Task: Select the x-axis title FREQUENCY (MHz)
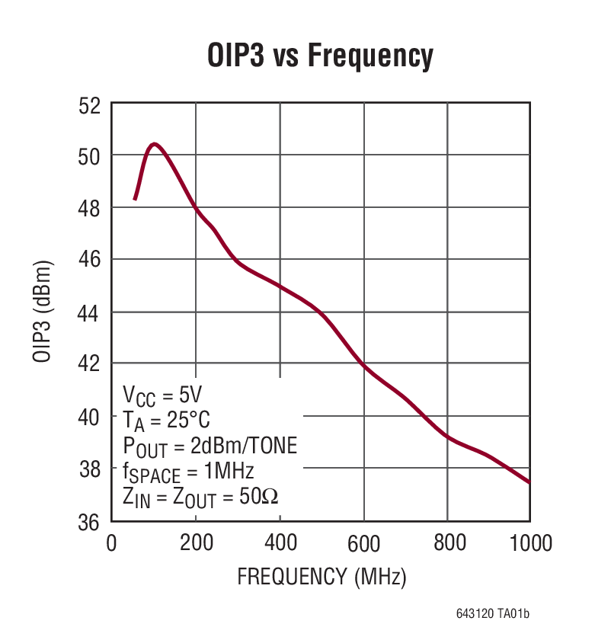321,577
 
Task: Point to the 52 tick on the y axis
90,105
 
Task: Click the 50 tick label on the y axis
90,156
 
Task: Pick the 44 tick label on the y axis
90,313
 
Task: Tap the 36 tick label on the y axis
90,523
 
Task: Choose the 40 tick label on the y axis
90,418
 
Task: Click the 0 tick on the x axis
111,543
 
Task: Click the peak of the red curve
155,143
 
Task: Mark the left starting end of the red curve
135,199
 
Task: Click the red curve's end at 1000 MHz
529,482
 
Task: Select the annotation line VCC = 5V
162,395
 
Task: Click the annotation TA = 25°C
166,420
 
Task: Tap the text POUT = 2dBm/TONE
210,445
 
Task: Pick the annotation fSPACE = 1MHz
188,470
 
